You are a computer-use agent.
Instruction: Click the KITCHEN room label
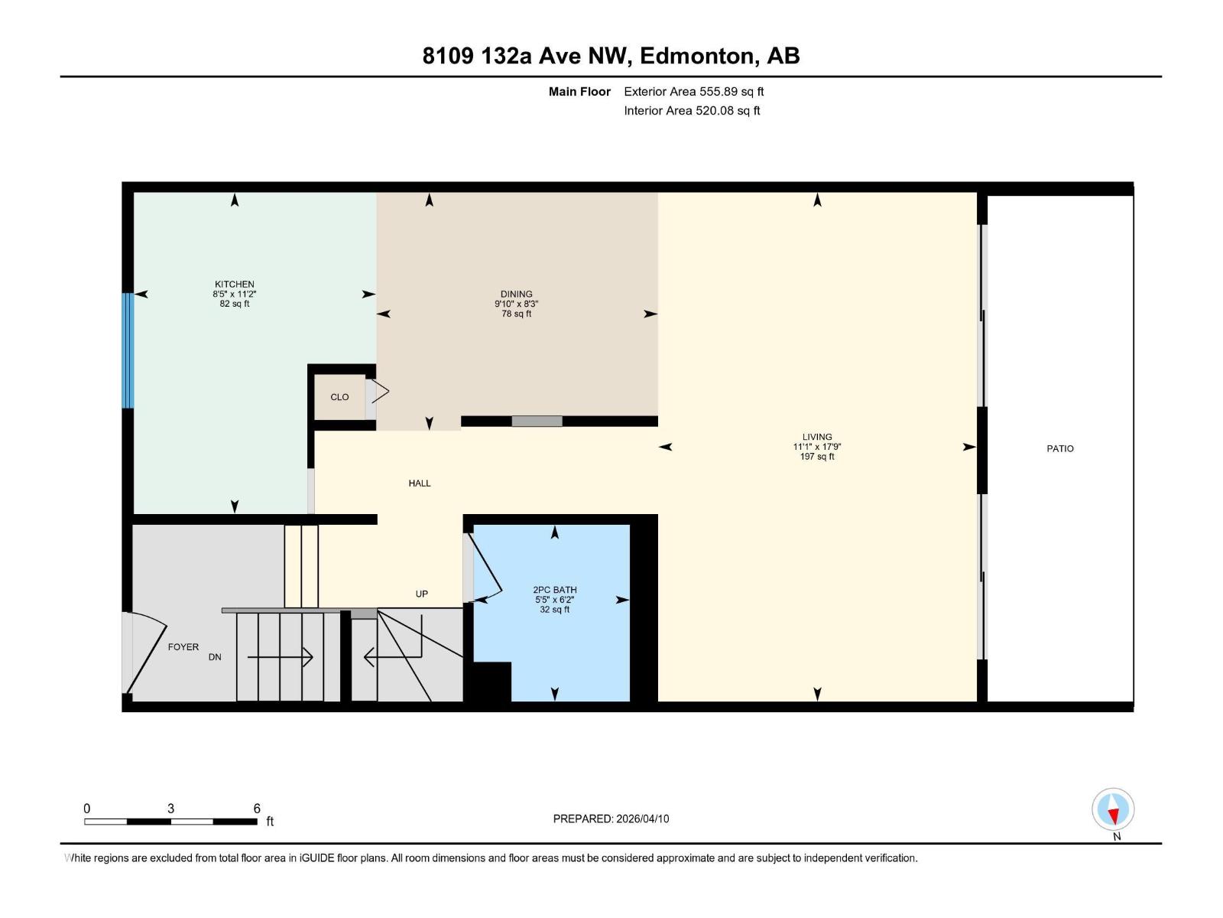click(x=234, y=284)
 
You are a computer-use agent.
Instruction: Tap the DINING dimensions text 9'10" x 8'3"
click(x=516, y=304)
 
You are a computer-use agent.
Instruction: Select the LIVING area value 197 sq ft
click(x=816, y=457)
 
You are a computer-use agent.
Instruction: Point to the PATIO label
click(x=1059, y=448)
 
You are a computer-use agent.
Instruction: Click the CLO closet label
click(x=339, y=397)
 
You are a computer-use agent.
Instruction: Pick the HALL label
click(x=419, y=483)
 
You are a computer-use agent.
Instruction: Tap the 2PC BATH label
click(x=554, y=590)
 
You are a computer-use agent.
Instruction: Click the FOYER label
click(x=183, y=646)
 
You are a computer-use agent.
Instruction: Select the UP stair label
click(x=421, y=594)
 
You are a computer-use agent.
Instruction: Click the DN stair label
click(x=215, y=657)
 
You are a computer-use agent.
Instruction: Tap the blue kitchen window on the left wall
click(x=128, y=350)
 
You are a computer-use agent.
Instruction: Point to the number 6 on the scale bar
click(x=257, y=809)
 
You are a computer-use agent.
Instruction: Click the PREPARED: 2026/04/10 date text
click(x=611, y=819)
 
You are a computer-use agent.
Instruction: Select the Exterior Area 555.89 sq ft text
click(x=693, y=91)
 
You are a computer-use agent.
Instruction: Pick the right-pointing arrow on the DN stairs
click(x=280, y=657)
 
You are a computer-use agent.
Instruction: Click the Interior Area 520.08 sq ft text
click(x=691, y=110)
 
